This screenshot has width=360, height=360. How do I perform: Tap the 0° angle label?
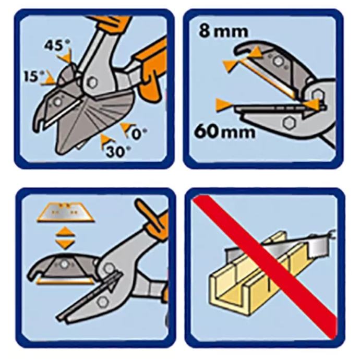139,134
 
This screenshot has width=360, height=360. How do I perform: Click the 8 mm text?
223,32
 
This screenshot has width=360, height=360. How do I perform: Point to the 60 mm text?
224,131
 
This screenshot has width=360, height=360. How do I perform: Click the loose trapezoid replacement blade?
65,212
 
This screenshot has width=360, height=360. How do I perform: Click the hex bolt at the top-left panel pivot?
92,82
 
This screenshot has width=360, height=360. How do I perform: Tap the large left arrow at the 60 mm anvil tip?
224,105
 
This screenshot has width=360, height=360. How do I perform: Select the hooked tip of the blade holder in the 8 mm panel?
241,49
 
